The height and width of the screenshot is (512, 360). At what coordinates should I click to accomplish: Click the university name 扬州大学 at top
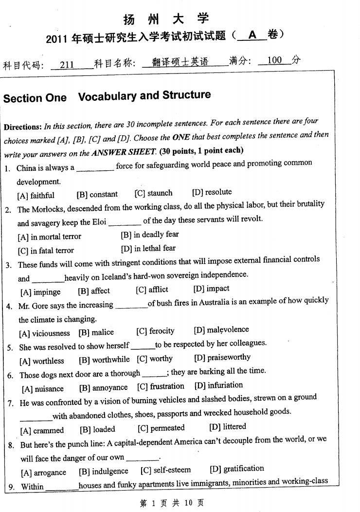tap(166, 18)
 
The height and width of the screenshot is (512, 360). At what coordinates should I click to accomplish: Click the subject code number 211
tap(67, 65)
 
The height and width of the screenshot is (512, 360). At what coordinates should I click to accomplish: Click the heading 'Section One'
tap(35, 98)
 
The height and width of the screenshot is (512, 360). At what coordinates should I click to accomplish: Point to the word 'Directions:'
tap(23, 127)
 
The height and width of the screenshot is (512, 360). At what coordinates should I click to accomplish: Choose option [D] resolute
tap(212, 192)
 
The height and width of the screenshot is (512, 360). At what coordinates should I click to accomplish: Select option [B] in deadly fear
tap(150, 234)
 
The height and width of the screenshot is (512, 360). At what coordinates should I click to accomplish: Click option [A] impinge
tap(40, 292)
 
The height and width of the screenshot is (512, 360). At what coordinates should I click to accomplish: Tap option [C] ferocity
tap(155, 331)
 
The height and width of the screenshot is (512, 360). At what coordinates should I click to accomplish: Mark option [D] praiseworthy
tap(222, 357)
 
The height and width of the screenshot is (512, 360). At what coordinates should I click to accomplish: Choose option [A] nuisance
tap(42, 388)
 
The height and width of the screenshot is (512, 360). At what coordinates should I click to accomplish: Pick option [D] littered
tap(228, 427)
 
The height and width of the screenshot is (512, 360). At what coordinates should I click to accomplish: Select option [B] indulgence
tap(104, 471)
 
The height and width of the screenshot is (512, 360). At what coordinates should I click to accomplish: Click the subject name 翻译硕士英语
tap(180, 62)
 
